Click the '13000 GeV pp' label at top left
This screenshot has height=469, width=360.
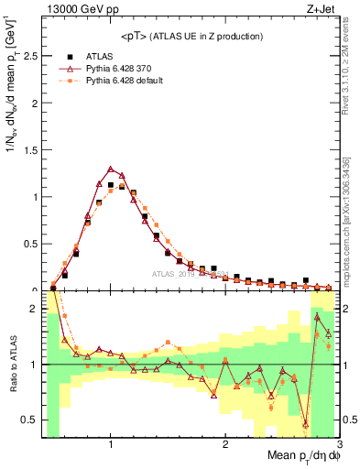(x=76, y=10)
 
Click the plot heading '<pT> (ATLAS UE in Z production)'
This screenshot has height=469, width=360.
(x=191, y=36)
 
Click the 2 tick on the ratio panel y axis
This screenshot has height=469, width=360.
(x=33, y=309)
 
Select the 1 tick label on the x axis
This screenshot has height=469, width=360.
(x=111, y=444)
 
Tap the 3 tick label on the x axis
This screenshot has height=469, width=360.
(x=338, y=444)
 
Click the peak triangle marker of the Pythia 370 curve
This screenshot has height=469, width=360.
(x=111, y=169)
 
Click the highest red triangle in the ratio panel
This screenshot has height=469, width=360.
(x=317, y=316)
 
